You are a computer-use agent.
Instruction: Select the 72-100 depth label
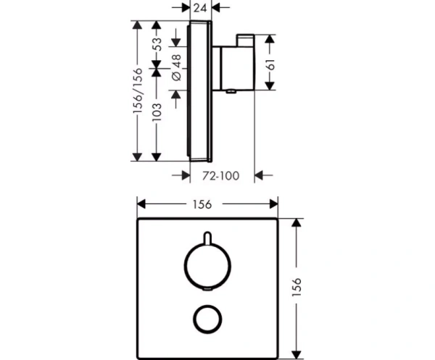(220, 175)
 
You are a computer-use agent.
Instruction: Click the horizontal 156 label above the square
(202, 204)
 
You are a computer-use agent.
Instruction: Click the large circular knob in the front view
(207, 265)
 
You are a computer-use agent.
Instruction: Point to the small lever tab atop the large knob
(207, 238)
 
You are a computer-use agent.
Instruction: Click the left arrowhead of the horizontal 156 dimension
(142, 204)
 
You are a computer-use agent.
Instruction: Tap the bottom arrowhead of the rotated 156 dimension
(296, 353)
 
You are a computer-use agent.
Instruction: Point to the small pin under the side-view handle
(231, 91)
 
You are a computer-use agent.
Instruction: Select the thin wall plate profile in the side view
(199, 91)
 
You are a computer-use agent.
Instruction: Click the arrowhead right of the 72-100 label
(262, 175)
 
